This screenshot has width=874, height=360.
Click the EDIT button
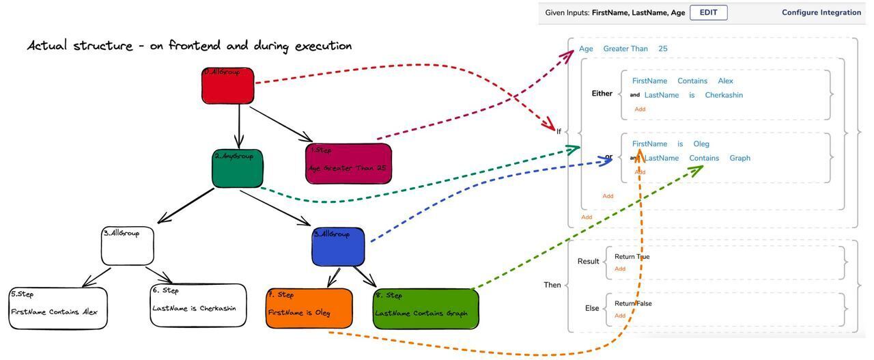point(708,12)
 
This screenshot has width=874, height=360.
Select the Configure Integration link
point(821,12)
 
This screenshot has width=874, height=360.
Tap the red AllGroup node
point(228,86)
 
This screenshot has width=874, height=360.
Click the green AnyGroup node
point(237,168)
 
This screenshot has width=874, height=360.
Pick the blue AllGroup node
point(338,247)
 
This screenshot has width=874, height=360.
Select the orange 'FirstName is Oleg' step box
point(309,308)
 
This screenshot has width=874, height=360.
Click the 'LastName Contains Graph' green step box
point(425,309)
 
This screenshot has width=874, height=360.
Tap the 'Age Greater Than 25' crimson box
point(349,163)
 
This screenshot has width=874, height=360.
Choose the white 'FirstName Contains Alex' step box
point(58,308)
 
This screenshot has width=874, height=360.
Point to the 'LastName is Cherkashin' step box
point(198,305)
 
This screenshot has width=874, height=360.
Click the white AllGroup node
point(128,246)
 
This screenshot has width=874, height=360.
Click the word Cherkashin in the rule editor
point(724,95)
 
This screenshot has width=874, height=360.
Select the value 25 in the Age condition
point(663,49)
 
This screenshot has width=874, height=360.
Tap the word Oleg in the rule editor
point(701,143)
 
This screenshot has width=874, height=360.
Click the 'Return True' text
point(632,257)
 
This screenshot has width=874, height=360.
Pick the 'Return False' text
point(633,303)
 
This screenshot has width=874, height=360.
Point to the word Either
point(602,94)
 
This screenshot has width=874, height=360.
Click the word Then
point(552,285)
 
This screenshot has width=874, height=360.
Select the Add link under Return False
point(620,316)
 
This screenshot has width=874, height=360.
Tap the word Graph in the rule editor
point(739,158)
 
